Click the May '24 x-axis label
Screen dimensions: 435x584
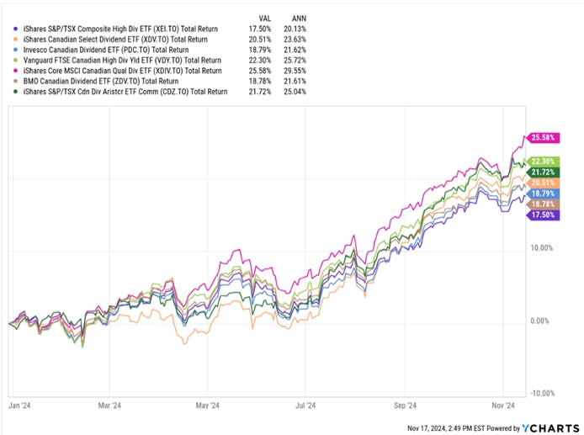[x=209, y=404]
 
